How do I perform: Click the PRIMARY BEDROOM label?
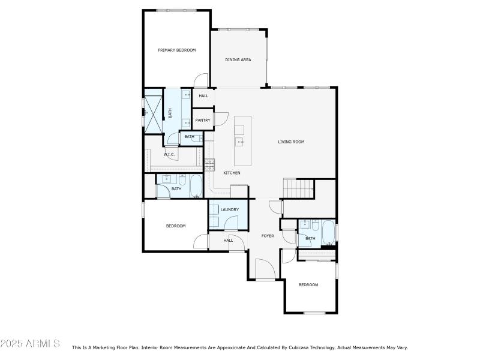(x=177, y=50)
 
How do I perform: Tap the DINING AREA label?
(x=238, y=60)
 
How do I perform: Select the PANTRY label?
(x=203, y=120)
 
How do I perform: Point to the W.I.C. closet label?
(x=170, y=155)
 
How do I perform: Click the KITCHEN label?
(x=232, y=173)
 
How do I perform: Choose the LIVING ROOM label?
(x=291, y=142)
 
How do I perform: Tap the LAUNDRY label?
(x=229, y=209)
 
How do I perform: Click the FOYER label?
(x=268, y=236)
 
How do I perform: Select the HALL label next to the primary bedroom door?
(x=203, y=96)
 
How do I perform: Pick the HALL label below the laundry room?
(x=228, y=240)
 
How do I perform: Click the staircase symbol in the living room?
(x=299, y=188)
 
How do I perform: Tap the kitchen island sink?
(x=239, y=142)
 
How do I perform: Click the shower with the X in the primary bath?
(x=154, y=112)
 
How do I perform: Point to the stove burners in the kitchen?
(x=209, y=164)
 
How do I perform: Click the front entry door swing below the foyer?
(x=265, y=269)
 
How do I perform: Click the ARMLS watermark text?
(x=30, y=344)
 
